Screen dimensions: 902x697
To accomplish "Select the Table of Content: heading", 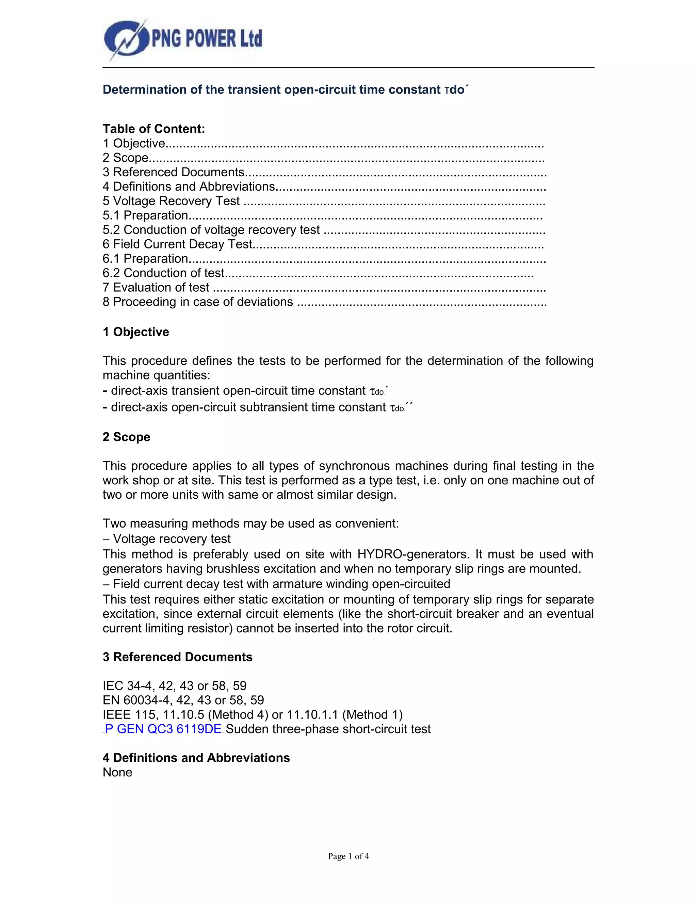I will [153, 129].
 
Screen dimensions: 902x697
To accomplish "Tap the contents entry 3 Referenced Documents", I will [174, 172].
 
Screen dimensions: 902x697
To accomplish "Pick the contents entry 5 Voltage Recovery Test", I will [172, 201].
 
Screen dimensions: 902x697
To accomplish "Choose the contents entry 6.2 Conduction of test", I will [163, 273].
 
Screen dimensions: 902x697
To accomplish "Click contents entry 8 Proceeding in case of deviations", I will [198, 302].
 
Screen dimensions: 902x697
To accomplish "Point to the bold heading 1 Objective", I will [136, 332].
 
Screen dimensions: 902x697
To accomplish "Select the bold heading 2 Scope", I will [126, 437].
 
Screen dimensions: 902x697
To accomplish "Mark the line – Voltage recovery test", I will [167, 539].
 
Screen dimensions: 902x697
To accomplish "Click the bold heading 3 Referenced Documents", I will [178, 657].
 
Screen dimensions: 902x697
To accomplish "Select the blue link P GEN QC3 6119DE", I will [163, 729].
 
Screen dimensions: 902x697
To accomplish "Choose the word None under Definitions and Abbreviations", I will [118, 772].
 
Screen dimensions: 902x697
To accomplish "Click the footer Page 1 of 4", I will [348, 856].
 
